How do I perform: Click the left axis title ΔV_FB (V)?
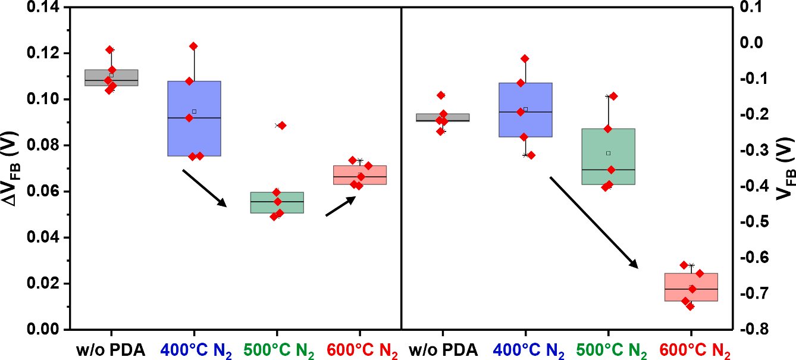(x=12, y=168)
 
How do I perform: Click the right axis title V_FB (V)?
(x=786, y=168)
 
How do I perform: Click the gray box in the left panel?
(x=111, y=77)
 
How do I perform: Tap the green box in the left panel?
(x=277, y=202)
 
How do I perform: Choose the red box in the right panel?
(x=691, y=287)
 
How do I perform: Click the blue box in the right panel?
(x=525, y=110)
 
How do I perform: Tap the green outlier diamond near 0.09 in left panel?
(x=282, y=126)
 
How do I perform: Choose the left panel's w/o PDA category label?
(x=111, y=350)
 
